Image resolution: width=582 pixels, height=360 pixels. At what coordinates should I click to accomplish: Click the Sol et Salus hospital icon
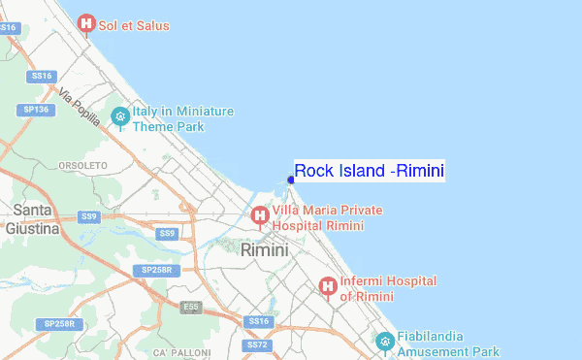86,23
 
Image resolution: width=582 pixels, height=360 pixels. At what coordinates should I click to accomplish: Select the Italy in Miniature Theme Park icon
120,117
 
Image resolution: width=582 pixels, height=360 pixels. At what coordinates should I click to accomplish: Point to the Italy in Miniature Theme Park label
182,118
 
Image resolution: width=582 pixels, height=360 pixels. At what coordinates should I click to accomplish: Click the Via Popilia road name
79,106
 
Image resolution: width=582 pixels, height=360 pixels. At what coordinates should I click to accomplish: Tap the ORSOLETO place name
82,166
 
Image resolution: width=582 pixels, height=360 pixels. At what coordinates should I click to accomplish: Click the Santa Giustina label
33,219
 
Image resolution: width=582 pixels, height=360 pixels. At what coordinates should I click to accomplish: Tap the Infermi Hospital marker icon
328,287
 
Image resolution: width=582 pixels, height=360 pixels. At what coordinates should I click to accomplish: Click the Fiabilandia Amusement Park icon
385,342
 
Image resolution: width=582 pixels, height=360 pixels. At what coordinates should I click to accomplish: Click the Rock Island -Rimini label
370,172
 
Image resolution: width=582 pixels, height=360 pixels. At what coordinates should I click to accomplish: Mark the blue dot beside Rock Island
291,179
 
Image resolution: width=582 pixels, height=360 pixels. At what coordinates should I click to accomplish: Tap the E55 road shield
191,308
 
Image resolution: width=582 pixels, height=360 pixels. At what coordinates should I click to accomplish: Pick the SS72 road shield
256,344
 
